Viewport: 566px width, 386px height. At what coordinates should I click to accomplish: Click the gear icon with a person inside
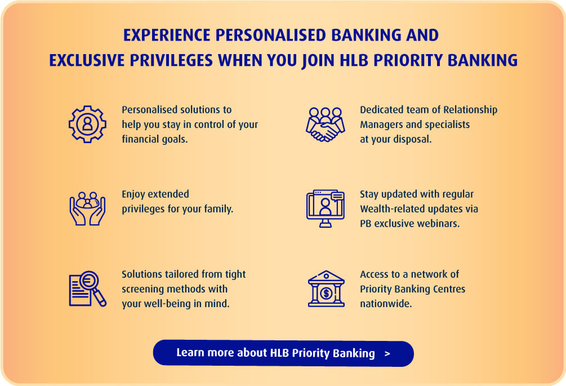coord(87,124)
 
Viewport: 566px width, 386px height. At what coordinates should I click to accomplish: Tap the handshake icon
coord(325,124)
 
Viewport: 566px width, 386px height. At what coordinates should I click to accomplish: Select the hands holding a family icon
coord(87,208)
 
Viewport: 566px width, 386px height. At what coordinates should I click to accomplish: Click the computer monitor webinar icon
coord(325,208)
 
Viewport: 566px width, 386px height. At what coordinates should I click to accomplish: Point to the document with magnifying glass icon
coord(87,289)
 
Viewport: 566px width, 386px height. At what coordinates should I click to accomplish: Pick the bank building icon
coord(326,289)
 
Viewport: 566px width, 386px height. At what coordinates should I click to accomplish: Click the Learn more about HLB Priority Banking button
coord(283,353)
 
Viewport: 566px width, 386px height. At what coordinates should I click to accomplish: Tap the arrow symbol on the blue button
coord(387,353)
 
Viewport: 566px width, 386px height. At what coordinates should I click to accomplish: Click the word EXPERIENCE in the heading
coord(167,35)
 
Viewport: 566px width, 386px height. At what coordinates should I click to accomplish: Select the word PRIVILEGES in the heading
coord(171,60)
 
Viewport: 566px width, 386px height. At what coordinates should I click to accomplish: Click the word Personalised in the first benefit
coord(149,109)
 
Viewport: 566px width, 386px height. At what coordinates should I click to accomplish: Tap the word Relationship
coord(470,110)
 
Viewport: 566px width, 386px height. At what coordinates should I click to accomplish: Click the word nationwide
coord(386,304)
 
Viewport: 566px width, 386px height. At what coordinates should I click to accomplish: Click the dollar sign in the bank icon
coord(326,293)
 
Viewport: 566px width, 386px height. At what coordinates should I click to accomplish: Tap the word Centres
coord(451,289)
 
